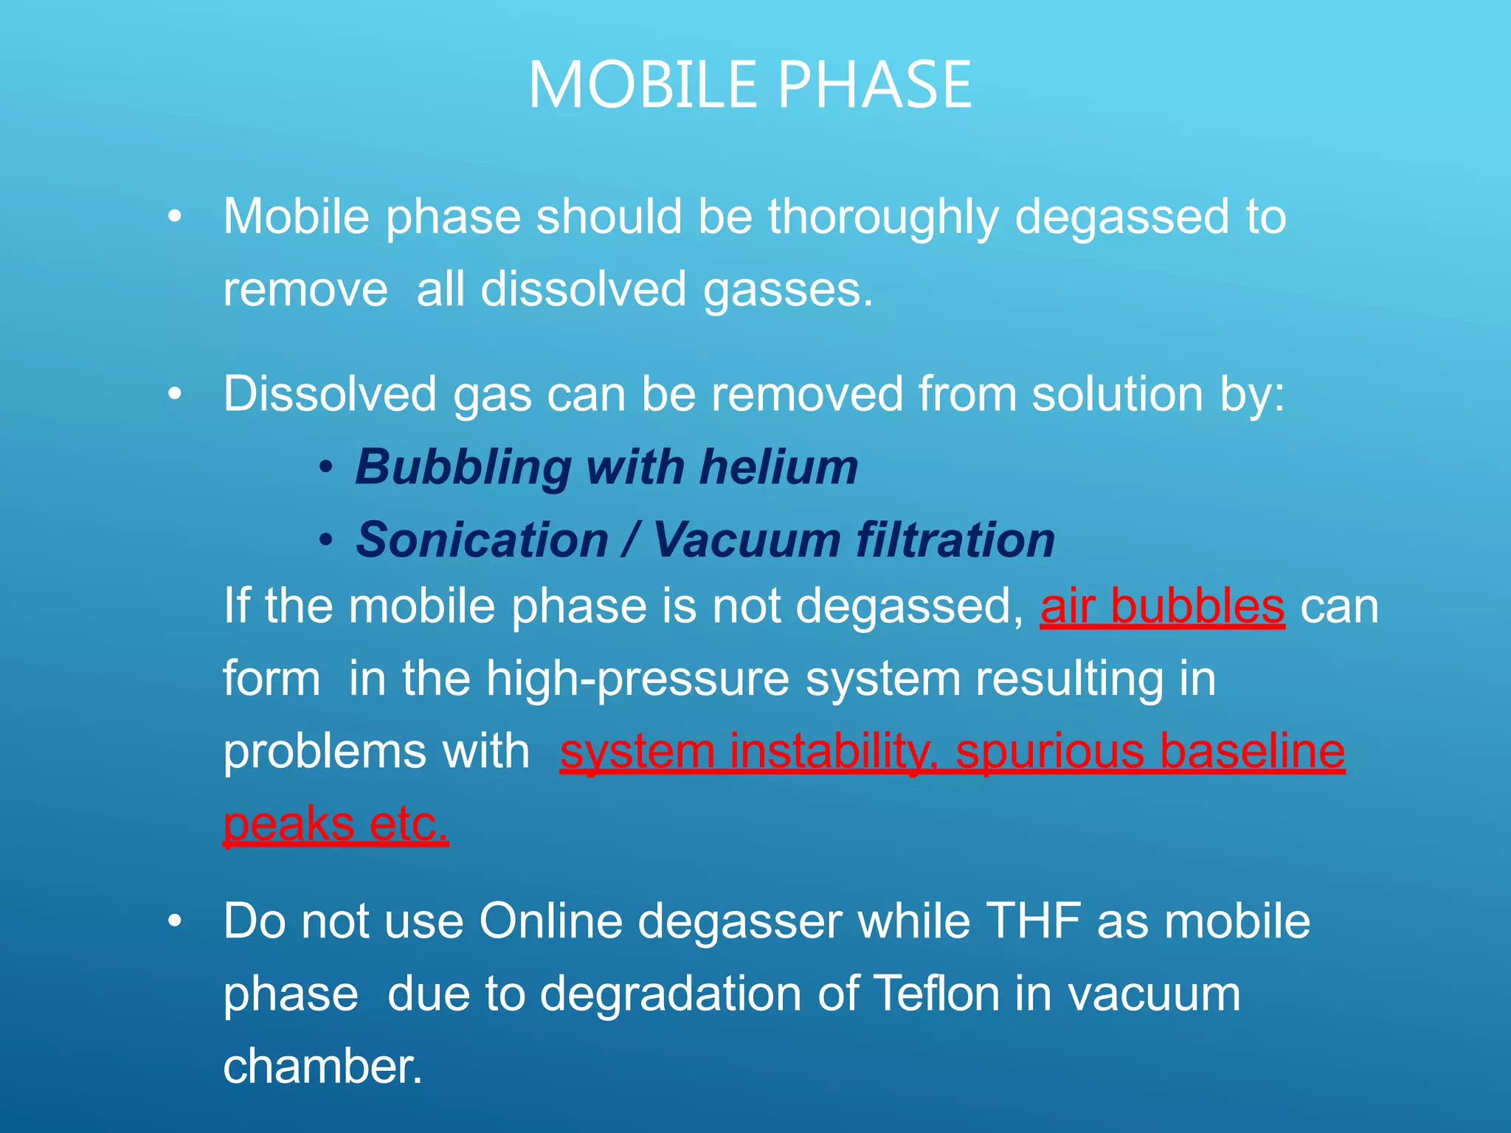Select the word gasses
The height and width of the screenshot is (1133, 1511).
[788, 290]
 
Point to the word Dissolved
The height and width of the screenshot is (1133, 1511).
[330, 394]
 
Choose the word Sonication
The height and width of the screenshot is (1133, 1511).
[482, 540]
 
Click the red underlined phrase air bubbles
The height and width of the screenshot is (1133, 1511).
[1162, 606]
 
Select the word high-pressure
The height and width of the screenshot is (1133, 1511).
[637, 679]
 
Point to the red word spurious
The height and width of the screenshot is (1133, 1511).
[1050, 753]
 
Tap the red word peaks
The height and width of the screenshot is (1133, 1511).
[288, 824]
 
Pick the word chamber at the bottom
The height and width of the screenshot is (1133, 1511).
[322, 1067]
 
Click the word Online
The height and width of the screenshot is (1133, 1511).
[550, 921]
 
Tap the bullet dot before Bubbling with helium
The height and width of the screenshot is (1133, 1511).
[326, 468]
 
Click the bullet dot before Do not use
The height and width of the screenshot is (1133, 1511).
[174, 921]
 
